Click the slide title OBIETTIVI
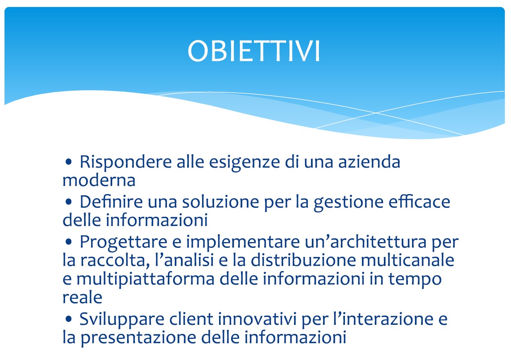click(254, 51)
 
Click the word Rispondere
click(125, 162)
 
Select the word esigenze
click(244, 162)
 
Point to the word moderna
click(99, 180)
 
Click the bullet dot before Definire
click(68, 202)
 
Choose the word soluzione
click(220, 202)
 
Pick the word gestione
click(348, 202)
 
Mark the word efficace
click(419, 202)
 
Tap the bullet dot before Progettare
click(68, 242)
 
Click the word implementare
click(243, 242)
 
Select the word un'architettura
click(366, 241)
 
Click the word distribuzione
click(303, 260)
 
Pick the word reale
click(82, 298)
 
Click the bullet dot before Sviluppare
click(68, 319)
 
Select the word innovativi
click(257, 319)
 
